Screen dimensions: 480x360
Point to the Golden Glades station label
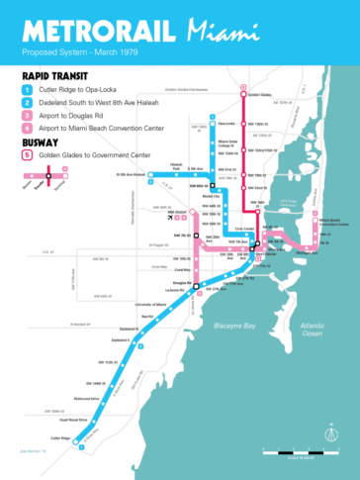259,95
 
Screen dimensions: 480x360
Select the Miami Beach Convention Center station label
330,222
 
